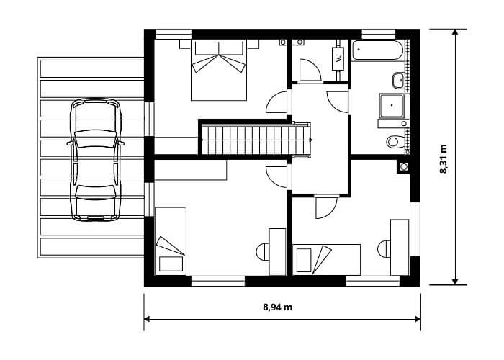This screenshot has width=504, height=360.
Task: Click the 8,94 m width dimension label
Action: pos(278,307)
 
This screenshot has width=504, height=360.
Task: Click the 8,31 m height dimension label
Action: pos(444,159)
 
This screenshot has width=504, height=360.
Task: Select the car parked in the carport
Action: pos(96,159)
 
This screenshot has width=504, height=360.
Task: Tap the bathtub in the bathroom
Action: pos(377,50)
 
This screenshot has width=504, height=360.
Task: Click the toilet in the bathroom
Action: pos(395,141)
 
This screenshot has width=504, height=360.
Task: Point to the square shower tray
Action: pos(391,106)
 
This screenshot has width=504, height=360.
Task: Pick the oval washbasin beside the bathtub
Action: pos(399,81)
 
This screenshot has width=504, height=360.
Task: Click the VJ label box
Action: pos(338,58)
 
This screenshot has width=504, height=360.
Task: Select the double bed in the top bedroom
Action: pos(219,70)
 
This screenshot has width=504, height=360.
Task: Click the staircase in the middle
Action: pos(255,140)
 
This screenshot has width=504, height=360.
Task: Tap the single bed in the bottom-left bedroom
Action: pos(171,241)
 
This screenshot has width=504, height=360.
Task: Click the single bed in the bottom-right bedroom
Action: pos(327,260)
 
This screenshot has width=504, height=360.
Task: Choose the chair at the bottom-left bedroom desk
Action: pos(263,252)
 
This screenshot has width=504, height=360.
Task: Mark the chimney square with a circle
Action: pos(403,167)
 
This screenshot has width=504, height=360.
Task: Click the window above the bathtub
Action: pos(379,34)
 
